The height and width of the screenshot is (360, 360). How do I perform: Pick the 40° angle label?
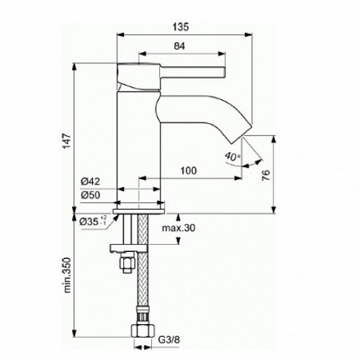(228, 156)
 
